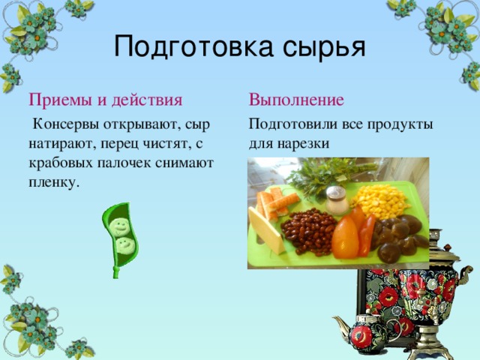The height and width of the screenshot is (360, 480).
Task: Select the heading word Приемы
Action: pyautogui.click(x=57, y=100)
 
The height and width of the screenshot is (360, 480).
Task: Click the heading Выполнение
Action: pyautogui.click(x=296, y=100)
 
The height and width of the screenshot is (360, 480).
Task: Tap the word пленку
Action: pyautogui.click(x=54, y=182)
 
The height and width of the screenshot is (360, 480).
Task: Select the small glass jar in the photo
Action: pyautogui.click(x=337, y=200)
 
